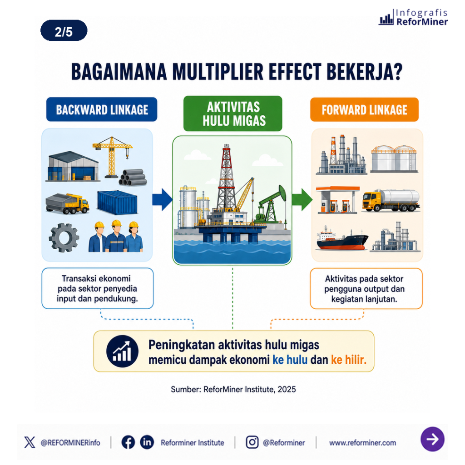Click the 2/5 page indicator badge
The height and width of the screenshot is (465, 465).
(64, 30)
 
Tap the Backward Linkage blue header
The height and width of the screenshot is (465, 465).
(102, 109)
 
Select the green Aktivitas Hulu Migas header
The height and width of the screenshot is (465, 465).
(233, 114)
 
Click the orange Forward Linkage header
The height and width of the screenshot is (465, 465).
(365, 110)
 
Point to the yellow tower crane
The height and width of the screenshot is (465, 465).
(112, 156)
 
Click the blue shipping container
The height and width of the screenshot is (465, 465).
(117, 202)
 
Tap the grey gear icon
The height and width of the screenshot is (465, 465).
(64, 237)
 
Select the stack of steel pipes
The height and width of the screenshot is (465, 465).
(133, 178)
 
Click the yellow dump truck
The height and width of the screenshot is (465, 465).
(67, 203)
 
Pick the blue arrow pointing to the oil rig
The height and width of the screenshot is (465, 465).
(162, 200)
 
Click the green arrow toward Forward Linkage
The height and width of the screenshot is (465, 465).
(302, 200)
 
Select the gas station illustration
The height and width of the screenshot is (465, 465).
(337, 200)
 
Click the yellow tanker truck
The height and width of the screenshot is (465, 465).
(391, 200)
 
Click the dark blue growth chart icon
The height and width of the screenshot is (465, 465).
(122, 351)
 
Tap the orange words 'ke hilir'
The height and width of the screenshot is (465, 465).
(349, 360)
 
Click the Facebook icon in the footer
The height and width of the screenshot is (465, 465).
(128, 442)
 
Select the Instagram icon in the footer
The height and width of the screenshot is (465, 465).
(252, 442)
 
